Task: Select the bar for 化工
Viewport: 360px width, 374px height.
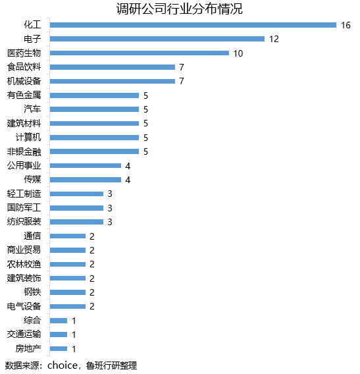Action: pyautogui.click(x=193, y=25)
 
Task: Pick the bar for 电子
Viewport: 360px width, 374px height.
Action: pyautogui.click(x=157, y=39)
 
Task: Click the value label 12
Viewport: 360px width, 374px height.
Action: pyautogui.click(x=274, y=39)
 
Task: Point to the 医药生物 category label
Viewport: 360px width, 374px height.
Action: pyautogui.click(x=24, y=53)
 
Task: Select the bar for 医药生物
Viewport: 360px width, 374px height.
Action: pyautogui.click(x=139, y=53)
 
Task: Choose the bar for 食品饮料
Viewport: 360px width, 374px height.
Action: pyautogui.click(x=113, y=67)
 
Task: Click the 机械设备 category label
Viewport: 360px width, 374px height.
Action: pyautogui.click(x=24, y=81)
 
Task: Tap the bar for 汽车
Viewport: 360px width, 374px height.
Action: pyautogui.click(x=94, y=109)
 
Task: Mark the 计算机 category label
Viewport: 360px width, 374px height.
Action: pyautogui.click(x=28, y=137)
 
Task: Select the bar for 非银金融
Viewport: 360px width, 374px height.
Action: pyautogui.click(x=94, y=151)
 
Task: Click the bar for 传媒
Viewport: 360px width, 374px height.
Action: pyautogui.click(x=86, y=180)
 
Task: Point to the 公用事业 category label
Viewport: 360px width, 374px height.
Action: pyautogui.click(x=24, y=165)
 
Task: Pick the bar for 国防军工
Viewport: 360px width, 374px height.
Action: pyautogui.click(x=76, y=207)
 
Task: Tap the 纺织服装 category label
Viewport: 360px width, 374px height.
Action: pyautogui.click(x=24, y=222)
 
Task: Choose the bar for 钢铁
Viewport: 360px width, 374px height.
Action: pyautogui.click(x=68, y=292)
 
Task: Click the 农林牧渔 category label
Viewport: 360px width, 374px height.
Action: pyautogui.click(x=24, y=264)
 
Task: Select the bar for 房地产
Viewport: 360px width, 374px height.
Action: pyautogui.click(x=59, y=348)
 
